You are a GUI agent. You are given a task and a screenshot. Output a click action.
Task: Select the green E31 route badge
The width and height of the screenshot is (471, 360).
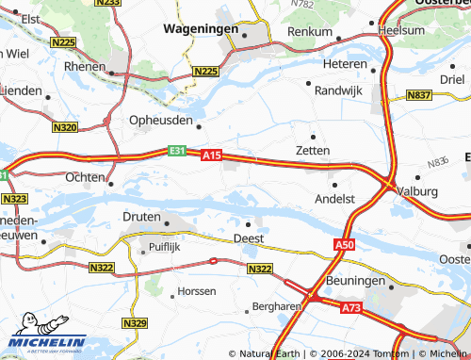(x=177, y=150)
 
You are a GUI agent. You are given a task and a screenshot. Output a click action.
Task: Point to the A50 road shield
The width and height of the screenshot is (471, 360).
(x=344, y=244)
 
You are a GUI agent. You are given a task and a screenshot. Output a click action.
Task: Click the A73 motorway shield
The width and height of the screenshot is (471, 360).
(x=351, y=307)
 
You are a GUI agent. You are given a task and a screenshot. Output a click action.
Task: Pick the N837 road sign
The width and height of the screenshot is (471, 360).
(x=419, y=96)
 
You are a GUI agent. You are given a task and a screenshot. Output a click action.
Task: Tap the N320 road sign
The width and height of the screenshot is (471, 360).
(x=65, y=126)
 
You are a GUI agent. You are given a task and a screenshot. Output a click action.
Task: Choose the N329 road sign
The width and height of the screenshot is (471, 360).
(x=135, y=323)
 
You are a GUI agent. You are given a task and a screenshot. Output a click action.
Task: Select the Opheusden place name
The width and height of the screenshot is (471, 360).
(x=160, y=122)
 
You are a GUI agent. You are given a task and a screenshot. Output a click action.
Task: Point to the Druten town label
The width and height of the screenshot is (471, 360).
(x=141, y=216)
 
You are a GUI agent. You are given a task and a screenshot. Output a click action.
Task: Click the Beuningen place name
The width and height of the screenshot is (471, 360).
(x=356, y=281)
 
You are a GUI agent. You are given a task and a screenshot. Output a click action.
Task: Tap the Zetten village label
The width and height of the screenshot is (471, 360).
(x=313, y=150)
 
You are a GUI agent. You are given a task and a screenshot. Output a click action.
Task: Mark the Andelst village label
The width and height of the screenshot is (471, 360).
(x=334, y=199)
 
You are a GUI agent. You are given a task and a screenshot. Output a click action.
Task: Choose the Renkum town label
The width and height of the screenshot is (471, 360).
(x=310, y=31)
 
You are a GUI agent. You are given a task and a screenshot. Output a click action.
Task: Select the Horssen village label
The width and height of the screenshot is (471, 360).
(x=197, y=291)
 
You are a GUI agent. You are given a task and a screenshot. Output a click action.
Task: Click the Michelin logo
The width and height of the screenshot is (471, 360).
(x=44, y=343)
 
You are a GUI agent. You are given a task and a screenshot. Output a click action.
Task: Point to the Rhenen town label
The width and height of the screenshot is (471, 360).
(x=84, y=67)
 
